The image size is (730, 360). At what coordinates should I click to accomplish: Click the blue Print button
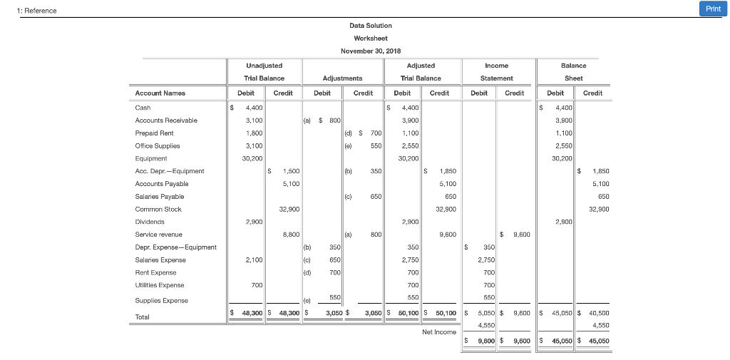click(713, 9)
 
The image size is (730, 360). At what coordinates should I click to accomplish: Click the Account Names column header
click(160, 93)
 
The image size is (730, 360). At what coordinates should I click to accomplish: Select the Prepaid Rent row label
click(155, 133)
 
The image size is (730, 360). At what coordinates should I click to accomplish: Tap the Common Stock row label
click(158, 209)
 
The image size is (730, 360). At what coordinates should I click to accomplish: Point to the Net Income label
click(438, 331)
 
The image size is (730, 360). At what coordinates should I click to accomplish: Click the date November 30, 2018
click(371, 51)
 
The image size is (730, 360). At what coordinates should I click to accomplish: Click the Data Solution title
click(371, 25)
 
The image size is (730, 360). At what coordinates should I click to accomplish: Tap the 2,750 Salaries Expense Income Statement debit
click(485, 260)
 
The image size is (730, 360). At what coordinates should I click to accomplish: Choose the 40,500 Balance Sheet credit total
click(598, 313)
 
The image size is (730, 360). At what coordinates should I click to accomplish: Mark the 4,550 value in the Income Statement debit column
click(485, 324)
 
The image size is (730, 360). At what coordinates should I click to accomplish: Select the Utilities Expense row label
click(160, 285)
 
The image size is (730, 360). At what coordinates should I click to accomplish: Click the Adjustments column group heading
click(342, 78)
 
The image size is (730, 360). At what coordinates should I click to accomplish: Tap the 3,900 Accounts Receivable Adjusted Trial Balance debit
click(408, 120)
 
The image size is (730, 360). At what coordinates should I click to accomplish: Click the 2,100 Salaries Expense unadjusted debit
click(254, 260)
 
